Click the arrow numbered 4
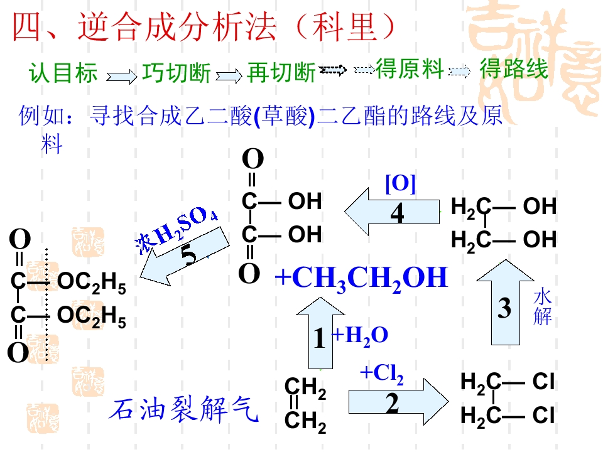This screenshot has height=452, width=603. pyautogui.click(x=392, y=212)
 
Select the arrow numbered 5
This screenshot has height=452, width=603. pyautogui.click(x=185, y=256)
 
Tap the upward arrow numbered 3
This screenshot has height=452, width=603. pyautogui.click(x=505, y=303)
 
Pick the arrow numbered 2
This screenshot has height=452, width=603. pyautogui.click(x=398, y=402)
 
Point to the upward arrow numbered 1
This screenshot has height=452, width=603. pyautogui.click(x=320, y=333)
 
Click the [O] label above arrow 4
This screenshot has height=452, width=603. pyautogui.click(x=400, y=184)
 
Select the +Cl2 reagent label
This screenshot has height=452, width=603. pyautogui.click(x=382, y=374)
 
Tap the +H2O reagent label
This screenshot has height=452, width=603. pyautogui.click(x=360, y=336)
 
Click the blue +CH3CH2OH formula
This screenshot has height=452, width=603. pyautogui.click(x=362, y=279)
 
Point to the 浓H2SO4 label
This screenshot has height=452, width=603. pyautogui.click(x=176, y=230)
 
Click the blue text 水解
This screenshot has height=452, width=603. pyautogui.click(x=543, y=308)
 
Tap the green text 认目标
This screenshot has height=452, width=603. pyautogui.click(x=63, y=73)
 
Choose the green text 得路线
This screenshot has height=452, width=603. pyautogui.click(x=514, y=69)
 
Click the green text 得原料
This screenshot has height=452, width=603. pyautogui.click(x=410, y=69)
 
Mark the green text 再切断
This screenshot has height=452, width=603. pyautogui.click(x=281, y=73)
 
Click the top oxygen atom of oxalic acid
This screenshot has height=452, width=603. pyautogui.click(x=253, y=159)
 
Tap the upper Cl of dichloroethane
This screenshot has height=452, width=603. pyautogui.click(x=543, y=382)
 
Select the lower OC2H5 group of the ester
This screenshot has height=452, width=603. pyautogui.click(x=92, y=317)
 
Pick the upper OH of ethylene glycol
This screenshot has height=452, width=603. pyautogui.click(x=540, y=206)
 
